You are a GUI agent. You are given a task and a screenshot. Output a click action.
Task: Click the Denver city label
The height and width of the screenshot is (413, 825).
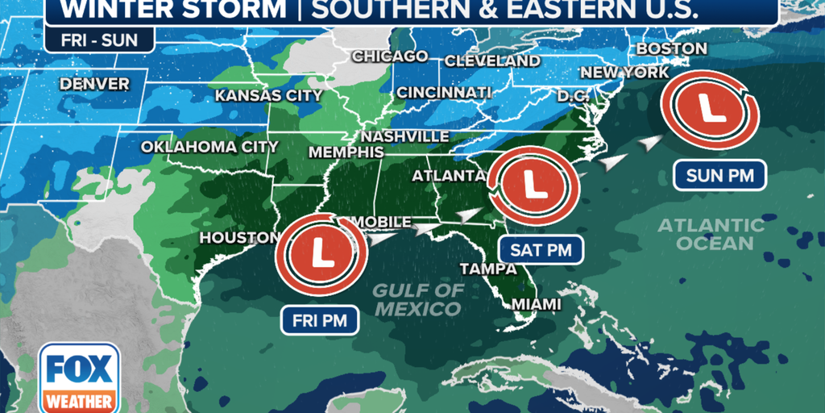[x=94, y=84]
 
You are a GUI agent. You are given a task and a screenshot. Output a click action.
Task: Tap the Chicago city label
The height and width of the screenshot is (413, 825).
[x=389, y=56]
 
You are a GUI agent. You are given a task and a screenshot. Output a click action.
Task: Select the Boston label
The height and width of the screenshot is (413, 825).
[x=671, y=49]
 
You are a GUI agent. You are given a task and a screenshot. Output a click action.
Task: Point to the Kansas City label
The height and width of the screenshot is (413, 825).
[x=268, y=96]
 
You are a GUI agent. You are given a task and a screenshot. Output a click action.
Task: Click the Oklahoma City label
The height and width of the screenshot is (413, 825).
[x=209, y=147]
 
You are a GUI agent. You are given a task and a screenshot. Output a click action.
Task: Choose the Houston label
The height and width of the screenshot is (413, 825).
[x=239, y=238]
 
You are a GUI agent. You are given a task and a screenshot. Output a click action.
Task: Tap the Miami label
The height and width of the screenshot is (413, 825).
[x=537, y=304]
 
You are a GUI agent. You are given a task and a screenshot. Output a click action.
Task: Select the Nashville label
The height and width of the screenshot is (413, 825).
[x=404, y=136]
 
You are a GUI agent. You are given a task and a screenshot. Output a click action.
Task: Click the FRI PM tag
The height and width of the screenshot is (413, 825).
[x=320, y=320]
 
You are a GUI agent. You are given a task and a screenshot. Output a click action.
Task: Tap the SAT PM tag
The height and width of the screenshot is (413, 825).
[x=541, y=250]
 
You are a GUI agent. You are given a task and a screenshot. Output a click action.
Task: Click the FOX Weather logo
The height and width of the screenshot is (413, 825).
[x=79, y=378]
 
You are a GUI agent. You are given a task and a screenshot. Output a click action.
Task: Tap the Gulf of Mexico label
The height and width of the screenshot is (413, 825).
[x=419, y=299]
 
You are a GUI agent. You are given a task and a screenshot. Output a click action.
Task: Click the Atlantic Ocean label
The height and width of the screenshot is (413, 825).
[x=711, y=234]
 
